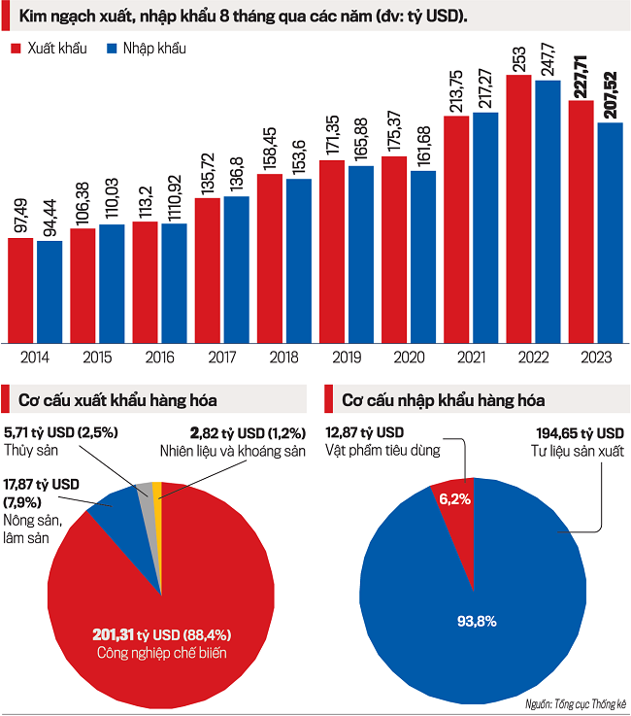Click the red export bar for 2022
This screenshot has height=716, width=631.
[x=518, y=209]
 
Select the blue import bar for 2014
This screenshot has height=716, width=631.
[x=50, y=291]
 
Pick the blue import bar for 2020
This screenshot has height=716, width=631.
[x=423, y=256]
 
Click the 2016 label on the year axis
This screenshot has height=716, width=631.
[x=159, y=358]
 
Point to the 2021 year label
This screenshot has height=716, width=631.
[x=471, y=358]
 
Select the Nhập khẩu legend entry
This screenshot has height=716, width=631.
[x=146, y=48]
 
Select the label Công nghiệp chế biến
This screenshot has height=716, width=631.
[x=161, y=653]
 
